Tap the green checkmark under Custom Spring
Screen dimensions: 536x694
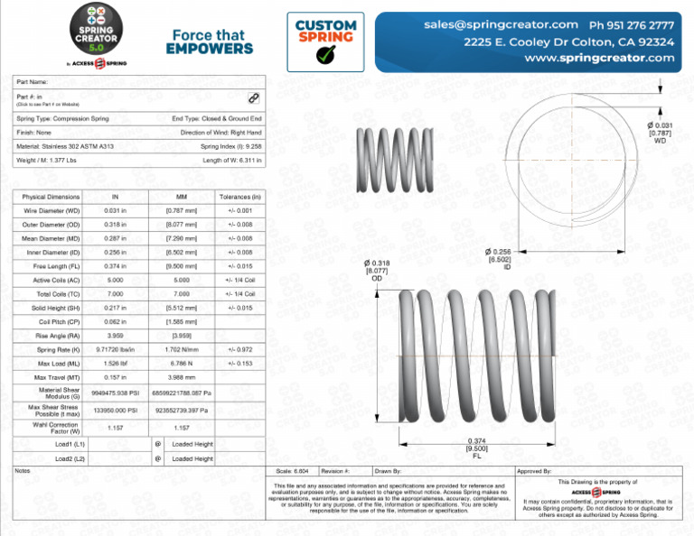(324, 55)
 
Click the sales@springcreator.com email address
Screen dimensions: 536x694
(501, 24)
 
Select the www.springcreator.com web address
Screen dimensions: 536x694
(599, 57)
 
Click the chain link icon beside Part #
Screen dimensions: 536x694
(254, 97)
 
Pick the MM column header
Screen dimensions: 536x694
(182, 197)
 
